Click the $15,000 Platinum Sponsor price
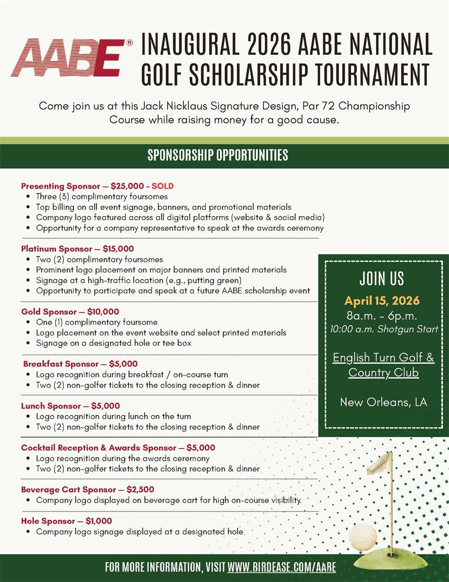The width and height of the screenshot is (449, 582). (118, 249)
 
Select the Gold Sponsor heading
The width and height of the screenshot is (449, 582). (70, 312)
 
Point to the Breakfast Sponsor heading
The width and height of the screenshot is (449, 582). (80, 364)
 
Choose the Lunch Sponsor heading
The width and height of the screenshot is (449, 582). (71, 406)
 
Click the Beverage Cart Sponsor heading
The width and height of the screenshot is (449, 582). (88, 489)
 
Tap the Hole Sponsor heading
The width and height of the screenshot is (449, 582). (66, 521)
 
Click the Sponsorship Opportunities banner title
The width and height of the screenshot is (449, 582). (217, 155)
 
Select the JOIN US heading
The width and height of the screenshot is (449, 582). (382, 279)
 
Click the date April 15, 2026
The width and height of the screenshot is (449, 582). (382, 301)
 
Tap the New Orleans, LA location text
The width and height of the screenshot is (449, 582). (383, 402)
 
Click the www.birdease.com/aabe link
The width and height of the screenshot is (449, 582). (281, 567)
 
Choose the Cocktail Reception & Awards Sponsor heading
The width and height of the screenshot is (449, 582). (118, 448)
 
